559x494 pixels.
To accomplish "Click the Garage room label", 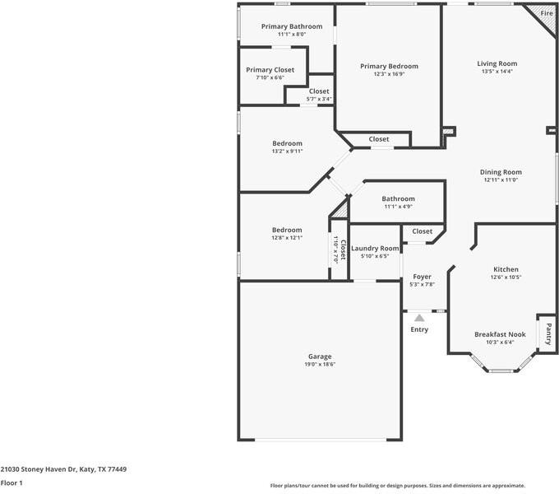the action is pyautogui.click(x=320, y=357).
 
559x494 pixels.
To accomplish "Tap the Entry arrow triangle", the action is pyautogui.click(x=419, y=318).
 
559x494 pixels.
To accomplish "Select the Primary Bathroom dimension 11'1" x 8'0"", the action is pyautogui.click(x=292, y=35).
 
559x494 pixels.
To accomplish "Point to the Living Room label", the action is pyautogui.click(x=497, y=63).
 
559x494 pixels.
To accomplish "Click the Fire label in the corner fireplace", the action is pyautogui.click(x=547, y=13).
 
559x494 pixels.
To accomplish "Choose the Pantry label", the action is pyautogui.click(x=548, y=333).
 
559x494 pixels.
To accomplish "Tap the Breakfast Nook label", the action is pyautogui.click(x=500, y=334).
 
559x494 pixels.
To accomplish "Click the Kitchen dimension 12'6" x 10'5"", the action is pyautogui.click(x=506, y=277).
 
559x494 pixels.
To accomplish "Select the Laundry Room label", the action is pyautogui.click(x=375, y=249).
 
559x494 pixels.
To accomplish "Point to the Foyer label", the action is pyautogui.click(x=422, y=277).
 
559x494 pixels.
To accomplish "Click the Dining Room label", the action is pyautogui.click(x=501, y=172).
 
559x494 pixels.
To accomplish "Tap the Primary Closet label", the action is pyautogui.click(x=270, y=70).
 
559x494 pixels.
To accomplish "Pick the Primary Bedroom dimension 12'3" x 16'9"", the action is pyautogui.click(x=389, y=74).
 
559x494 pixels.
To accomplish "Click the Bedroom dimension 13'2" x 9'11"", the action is pyautogui.click(x=288, y=151).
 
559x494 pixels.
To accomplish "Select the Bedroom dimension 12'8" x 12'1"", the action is pyautogui.click(x=287, y=238).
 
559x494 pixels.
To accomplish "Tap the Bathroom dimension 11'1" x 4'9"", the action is pyautogui.click(x=398, y=207).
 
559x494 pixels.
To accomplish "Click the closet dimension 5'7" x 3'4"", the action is pyautogui.click(x=319, y=100).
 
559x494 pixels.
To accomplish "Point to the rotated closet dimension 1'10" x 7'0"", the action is pyautogui.click(x=335, y=249).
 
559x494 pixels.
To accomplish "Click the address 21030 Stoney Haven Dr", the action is pyautogui.click(x=38, y=469).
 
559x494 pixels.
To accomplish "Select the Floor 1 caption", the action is pyautogui.click(x=12, y=483).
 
